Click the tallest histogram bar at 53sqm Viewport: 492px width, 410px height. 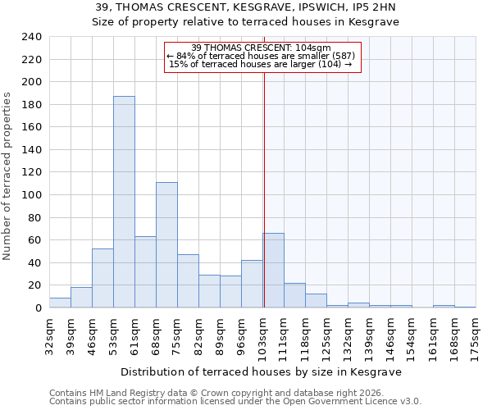[124, 202]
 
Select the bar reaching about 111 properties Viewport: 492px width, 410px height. [166, 245]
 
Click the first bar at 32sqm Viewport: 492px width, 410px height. [60, 303]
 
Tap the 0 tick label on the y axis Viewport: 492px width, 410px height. [38, 308]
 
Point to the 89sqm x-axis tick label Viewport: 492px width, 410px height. [220, 334]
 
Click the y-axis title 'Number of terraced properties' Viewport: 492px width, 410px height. [7, 175]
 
